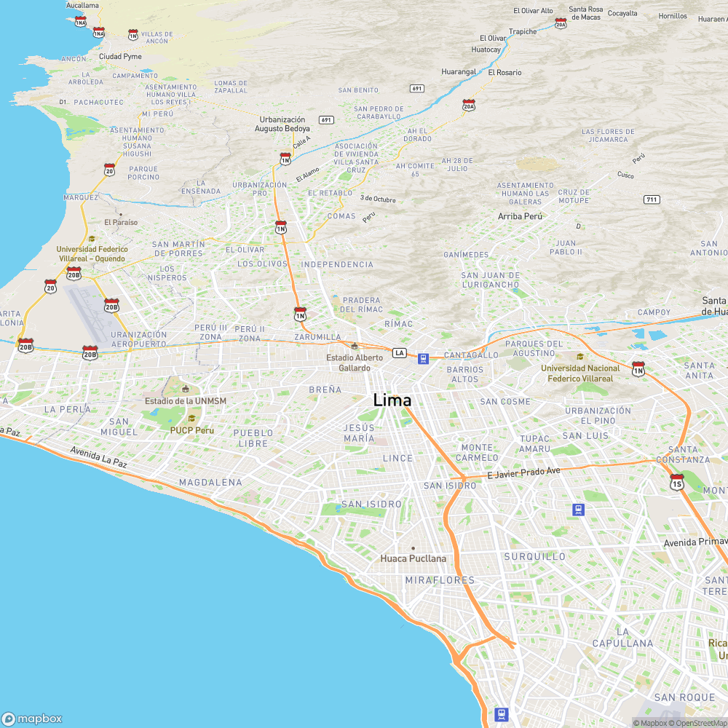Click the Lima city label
tap(392, 400)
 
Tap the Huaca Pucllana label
tap(413, 558)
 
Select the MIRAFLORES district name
tap(440, 580)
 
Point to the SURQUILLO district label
tap(534, 556)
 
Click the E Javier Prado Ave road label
tap(524, 472)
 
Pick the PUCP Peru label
tap(192, 430)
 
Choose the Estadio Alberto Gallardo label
tap(355, 363)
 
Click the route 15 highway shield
tap(677, 482)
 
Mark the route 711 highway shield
tap(652, 199)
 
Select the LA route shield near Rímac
tap(399, 353)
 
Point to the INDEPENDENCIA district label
tap(337, 264)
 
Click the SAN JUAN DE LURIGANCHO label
tap(491, 280)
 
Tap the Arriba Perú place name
tap(521, 216)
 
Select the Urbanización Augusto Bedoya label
tap(282, 124)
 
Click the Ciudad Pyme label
tap(120, 56)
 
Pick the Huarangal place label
tap(459, 72)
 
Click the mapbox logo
tap(32, 718)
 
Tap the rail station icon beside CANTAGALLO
tap(423, 357)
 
